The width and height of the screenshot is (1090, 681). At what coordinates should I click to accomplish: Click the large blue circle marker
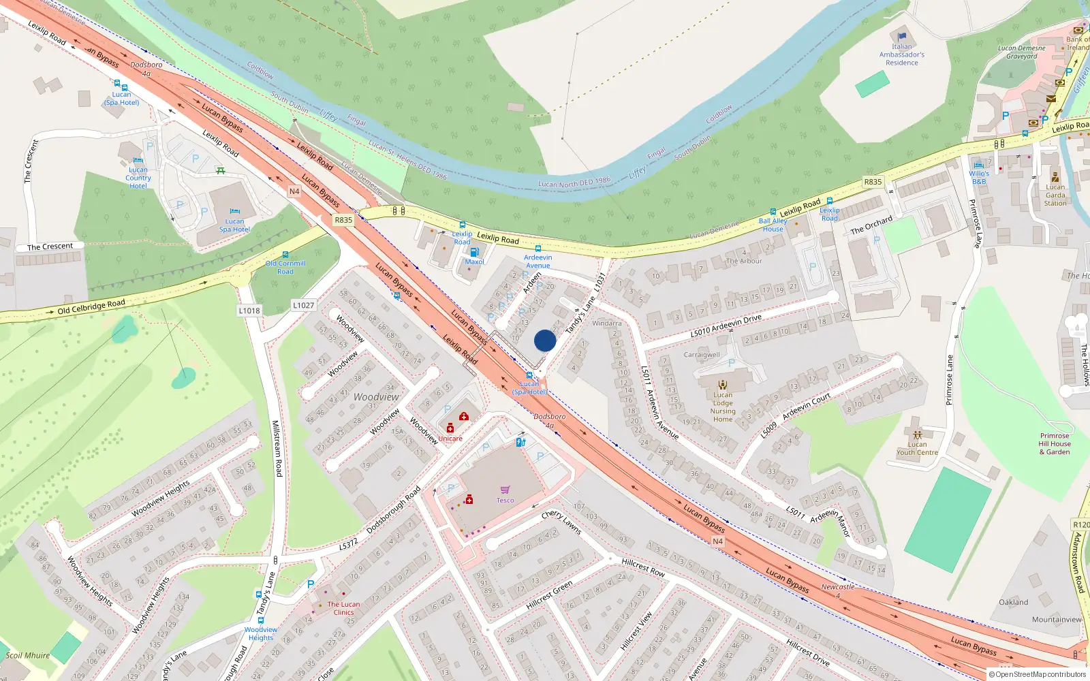[x=545, y=340]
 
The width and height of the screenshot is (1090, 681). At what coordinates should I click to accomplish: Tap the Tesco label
[x=505, y=501]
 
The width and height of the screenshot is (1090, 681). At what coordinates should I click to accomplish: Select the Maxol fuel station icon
[x=474, y=252]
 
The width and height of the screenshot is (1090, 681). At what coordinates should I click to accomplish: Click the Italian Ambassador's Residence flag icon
[x=902, y=37]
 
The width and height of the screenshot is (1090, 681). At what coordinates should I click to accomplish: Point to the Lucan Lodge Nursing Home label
[x=723, y=407]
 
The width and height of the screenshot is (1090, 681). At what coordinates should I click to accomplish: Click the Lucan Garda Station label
[x=1055, y=195]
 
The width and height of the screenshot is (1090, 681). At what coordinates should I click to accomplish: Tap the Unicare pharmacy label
[x=450, y=439]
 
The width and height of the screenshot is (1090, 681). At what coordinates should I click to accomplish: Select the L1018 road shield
[x=249, y=311]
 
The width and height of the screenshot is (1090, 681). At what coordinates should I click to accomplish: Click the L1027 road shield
[x=304, y=305]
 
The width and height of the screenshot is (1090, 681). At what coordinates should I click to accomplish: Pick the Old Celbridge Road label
[x=91, y=307]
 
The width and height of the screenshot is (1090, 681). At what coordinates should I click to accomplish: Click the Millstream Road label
[x=277, y=447]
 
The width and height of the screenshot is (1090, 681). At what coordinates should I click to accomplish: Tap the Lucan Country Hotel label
[x=138, y=178]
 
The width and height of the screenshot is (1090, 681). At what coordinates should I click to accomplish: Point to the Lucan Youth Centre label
[x=917, y=448]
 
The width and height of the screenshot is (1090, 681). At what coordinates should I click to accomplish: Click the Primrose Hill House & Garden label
[x=1055, y=444]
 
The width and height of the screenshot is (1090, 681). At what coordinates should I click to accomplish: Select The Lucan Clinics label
[x=343, y=608]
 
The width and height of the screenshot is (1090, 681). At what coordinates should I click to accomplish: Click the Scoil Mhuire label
[x=28, y=656]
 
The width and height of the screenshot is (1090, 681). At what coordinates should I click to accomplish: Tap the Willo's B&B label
[x=979, y=178]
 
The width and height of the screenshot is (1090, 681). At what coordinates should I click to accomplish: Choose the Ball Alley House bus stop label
[x=773, y=225]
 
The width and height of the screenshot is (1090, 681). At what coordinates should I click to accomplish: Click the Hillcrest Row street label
[x=643, y=567]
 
